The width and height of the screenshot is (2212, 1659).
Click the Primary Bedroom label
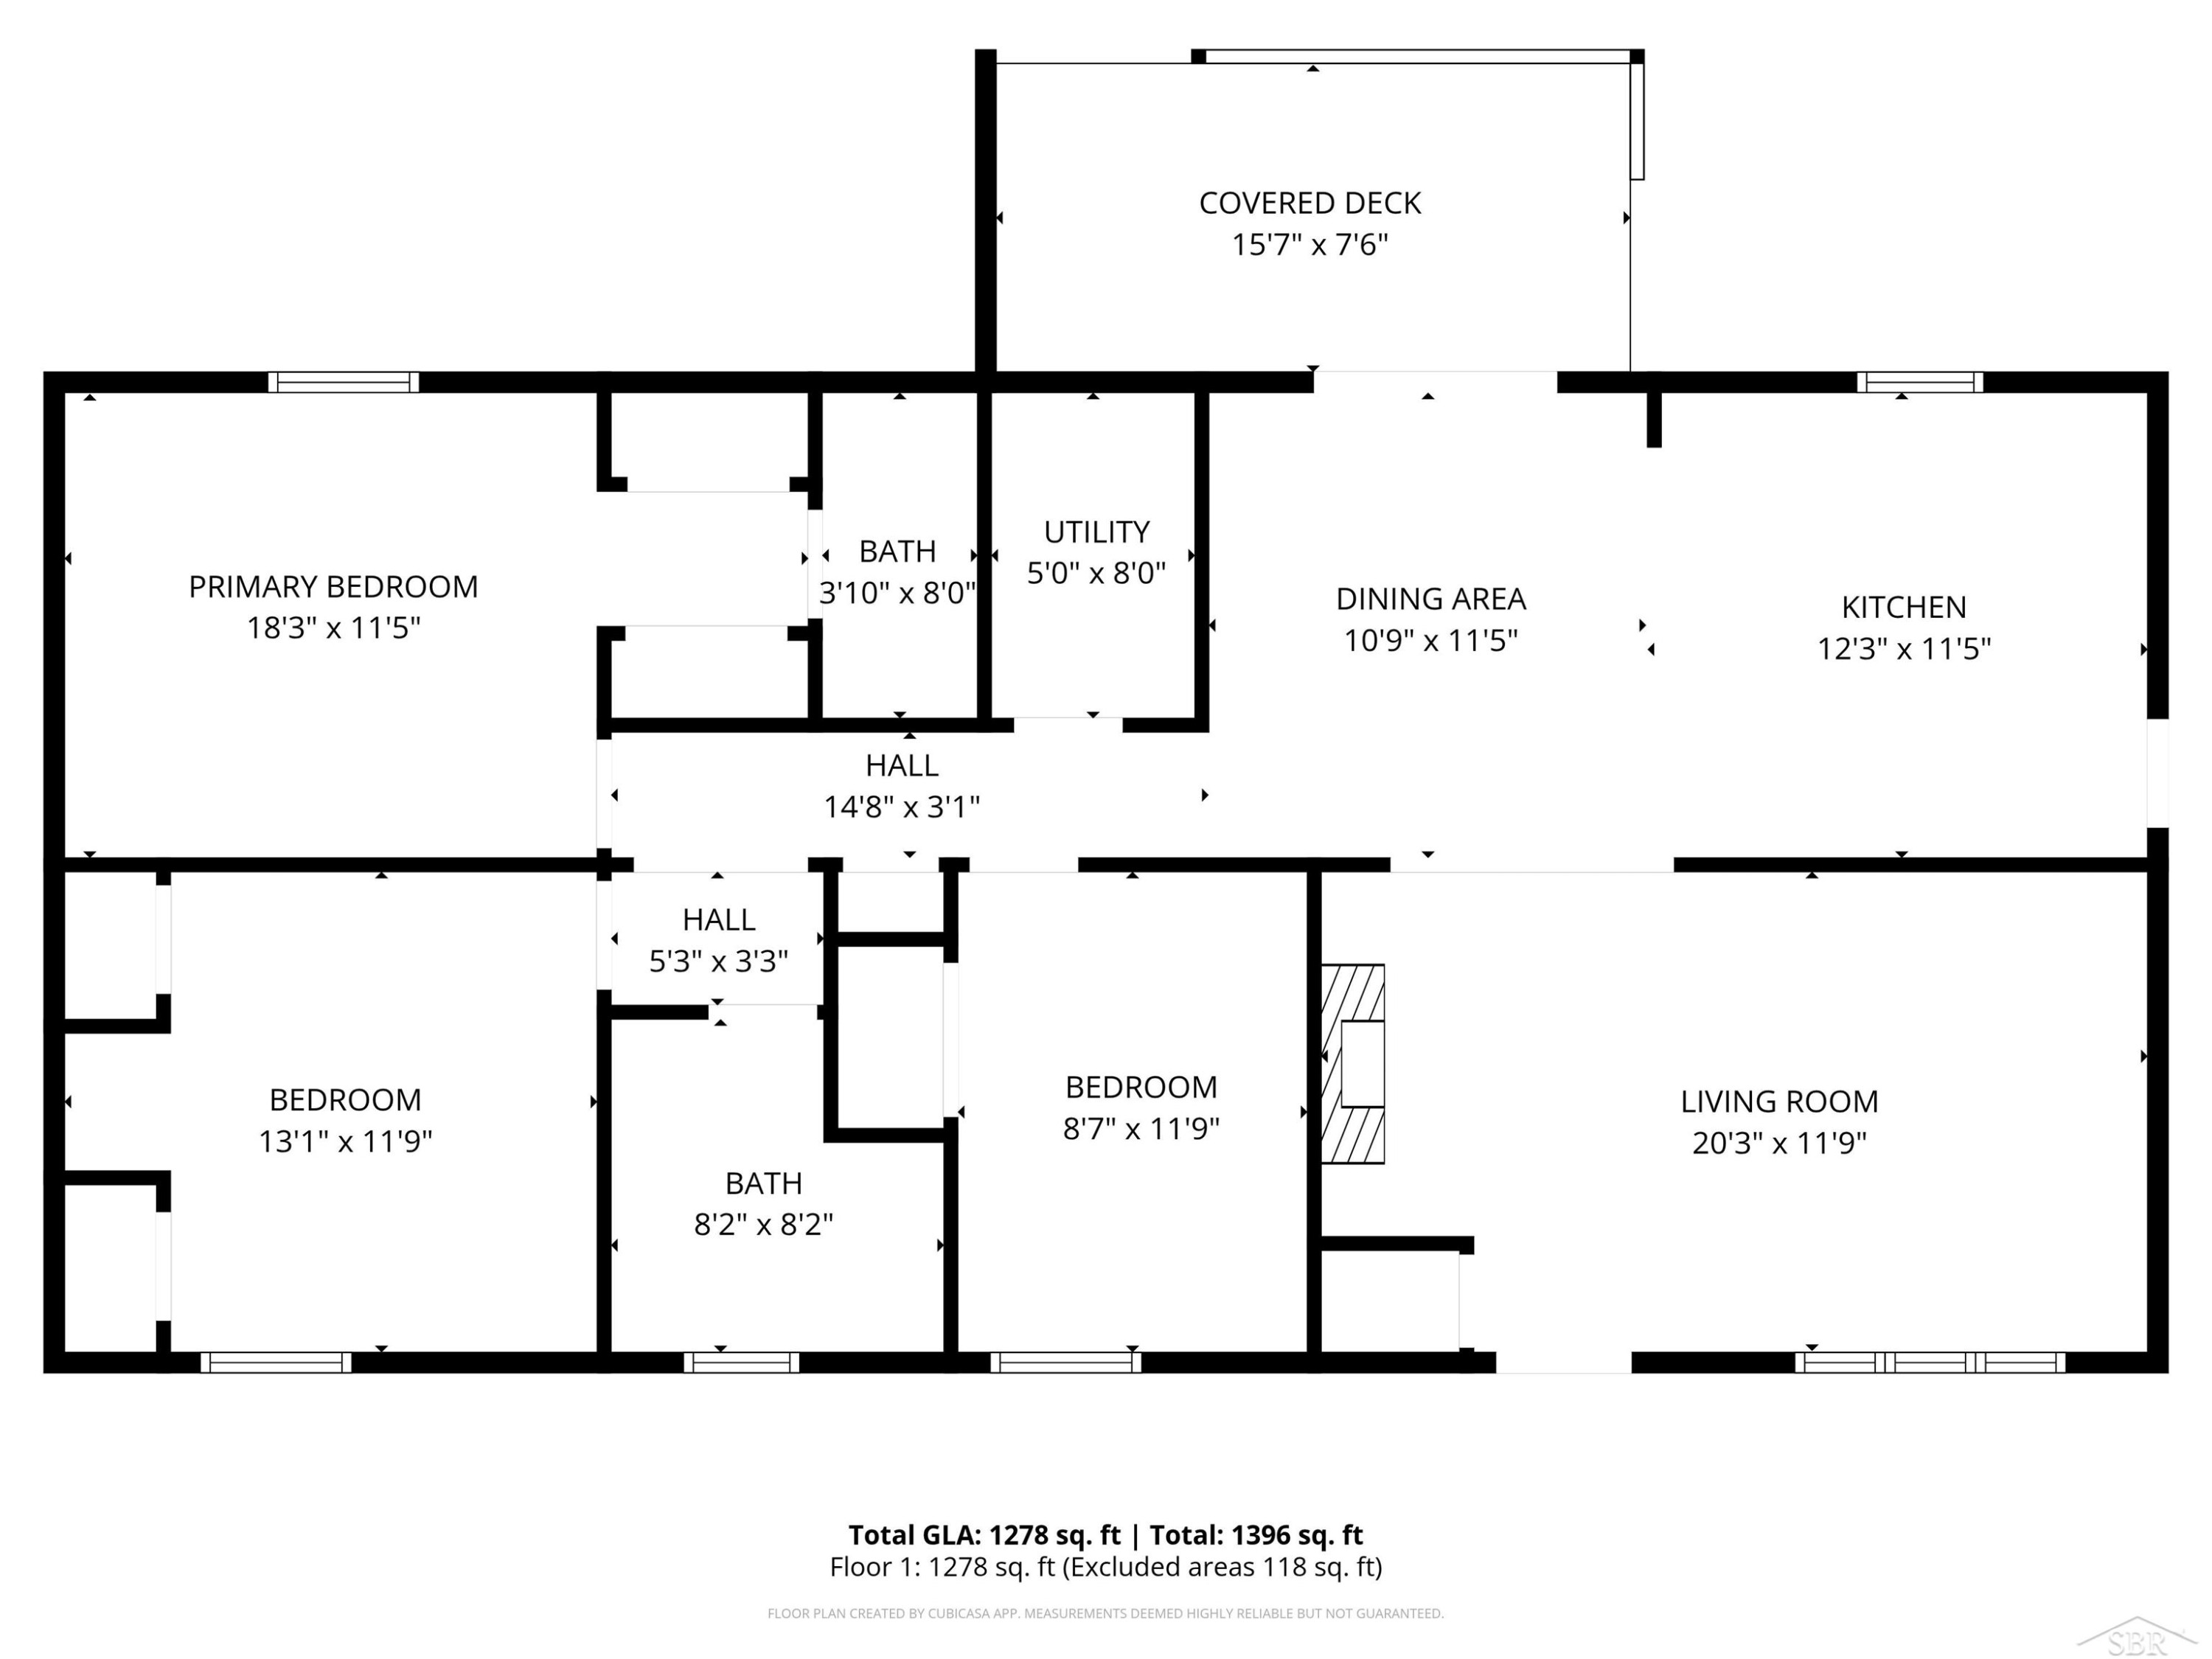333,586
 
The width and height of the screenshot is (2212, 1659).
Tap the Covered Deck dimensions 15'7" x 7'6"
1310,245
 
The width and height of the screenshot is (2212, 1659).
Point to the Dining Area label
1431,599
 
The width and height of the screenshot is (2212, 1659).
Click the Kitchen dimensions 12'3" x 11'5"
1904,649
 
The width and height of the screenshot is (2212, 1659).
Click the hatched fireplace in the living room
1353,1063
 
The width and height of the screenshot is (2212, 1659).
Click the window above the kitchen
1920,382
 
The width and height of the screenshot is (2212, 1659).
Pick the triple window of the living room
1930,1362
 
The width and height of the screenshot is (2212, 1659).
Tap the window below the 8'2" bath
741,1362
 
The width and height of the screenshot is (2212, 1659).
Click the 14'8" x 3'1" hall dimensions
901,807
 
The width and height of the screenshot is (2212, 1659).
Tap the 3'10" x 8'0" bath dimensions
897,594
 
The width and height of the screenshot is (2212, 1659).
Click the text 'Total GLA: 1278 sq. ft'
984,1535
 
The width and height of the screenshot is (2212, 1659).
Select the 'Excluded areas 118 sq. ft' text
1222,1567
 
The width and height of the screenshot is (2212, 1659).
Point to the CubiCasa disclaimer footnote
1105,1614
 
